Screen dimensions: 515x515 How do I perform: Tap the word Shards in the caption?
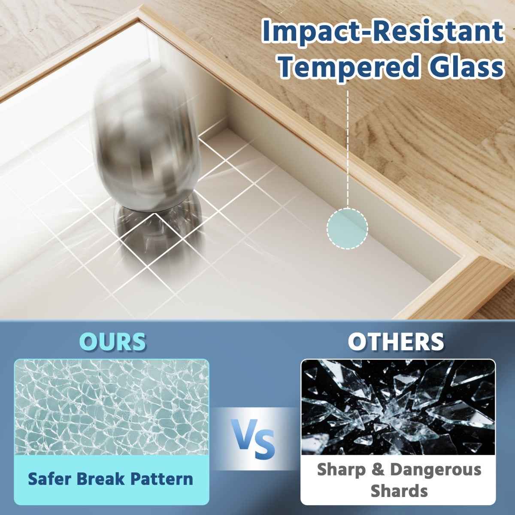[399, 491]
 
